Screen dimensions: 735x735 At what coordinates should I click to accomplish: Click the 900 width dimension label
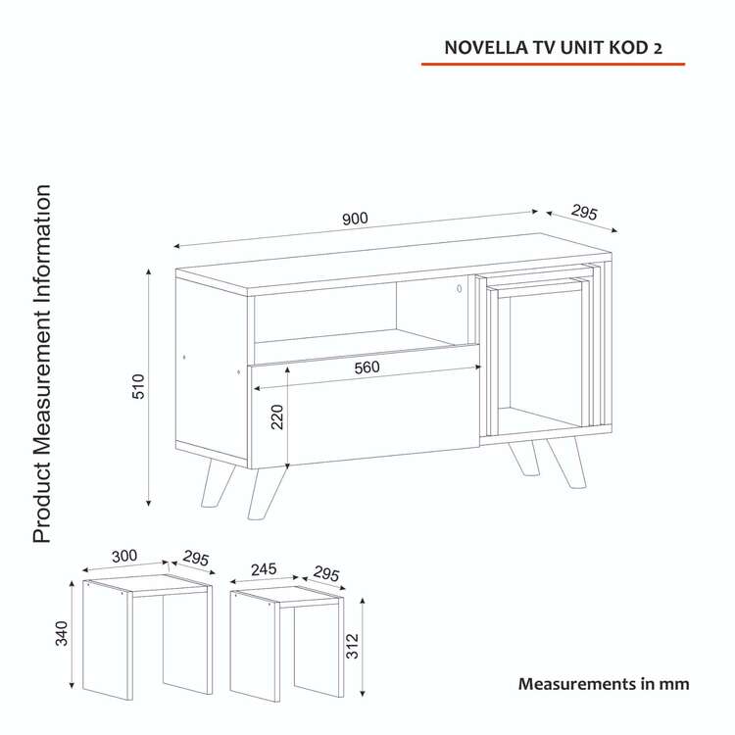coord(355,219)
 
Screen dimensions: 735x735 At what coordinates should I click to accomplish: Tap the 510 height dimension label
coord(139,386)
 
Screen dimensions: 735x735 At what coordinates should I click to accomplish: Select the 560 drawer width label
coord(367,367)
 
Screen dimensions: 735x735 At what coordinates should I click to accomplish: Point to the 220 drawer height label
coord(277,416)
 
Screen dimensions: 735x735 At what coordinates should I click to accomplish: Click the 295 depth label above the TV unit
coord(584,213)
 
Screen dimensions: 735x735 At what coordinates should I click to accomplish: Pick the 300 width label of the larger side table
coord(124,556)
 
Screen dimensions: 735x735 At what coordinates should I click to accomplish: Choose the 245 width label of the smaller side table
coord(264,569)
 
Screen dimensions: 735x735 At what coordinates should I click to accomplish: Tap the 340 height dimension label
coord(62,633)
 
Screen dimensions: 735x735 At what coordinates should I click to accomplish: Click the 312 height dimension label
coord(352,646)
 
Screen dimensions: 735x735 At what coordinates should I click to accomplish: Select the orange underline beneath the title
coord(553,64)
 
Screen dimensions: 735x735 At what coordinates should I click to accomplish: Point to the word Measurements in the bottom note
coord(577,684)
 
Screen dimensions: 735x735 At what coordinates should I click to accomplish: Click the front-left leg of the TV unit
coord(266,493)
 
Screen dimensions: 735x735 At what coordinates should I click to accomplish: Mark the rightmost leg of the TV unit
coord(567,463)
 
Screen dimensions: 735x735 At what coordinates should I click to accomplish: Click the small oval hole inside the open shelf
coord(460,289)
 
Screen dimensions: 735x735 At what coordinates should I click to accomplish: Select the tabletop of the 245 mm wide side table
coord(287,594)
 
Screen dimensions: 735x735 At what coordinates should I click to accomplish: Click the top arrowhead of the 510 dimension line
coord(149,272)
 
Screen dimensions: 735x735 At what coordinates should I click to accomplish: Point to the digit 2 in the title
coord(658,49)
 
